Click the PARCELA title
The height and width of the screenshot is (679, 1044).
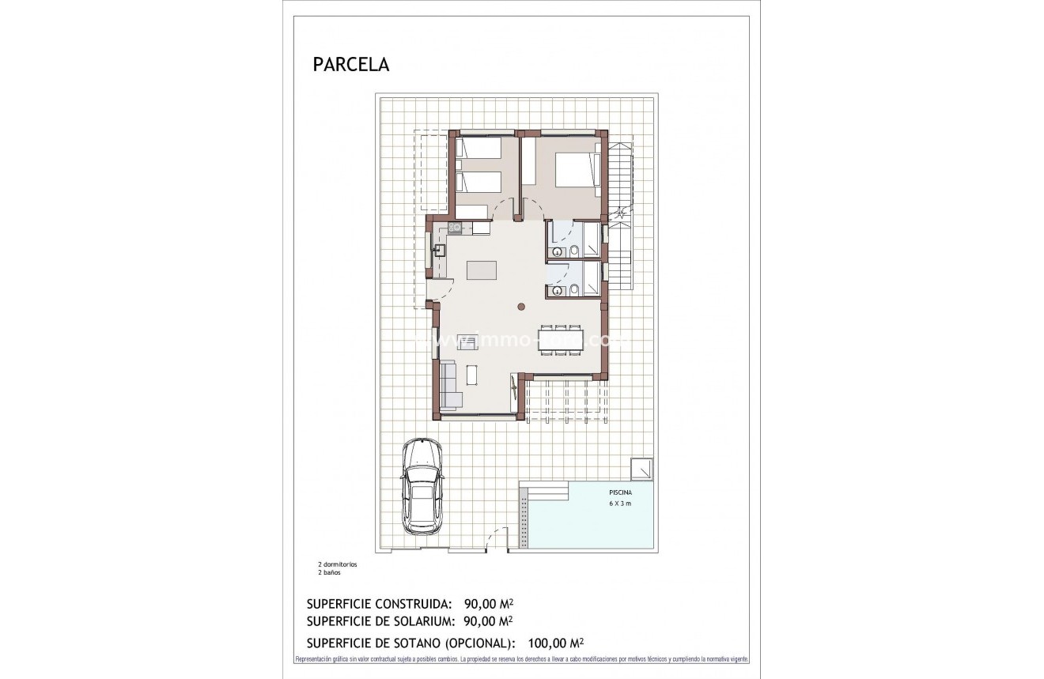(351, 65)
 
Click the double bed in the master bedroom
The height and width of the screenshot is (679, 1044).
(574, 171)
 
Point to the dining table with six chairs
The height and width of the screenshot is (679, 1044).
(561, 340)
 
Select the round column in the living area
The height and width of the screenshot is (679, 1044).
(521, 307)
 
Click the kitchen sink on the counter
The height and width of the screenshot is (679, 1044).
(439, 251)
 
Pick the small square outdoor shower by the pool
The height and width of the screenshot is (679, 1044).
(641, 468)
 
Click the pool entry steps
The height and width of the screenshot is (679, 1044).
(546, 491)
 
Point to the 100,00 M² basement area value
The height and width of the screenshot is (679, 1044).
(558, 643)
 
